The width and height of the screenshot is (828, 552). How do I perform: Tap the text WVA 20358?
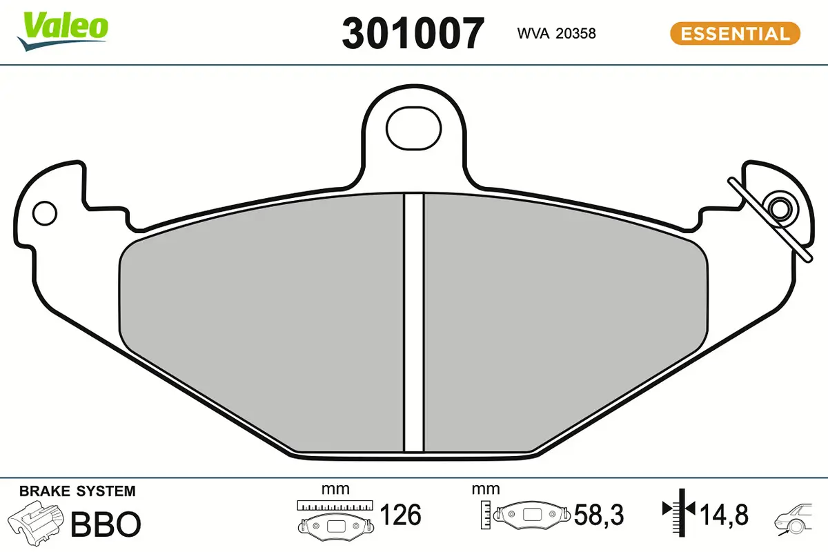coord(555,33)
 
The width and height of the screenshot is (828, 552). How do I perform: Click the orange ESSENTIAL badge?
coord(735,33)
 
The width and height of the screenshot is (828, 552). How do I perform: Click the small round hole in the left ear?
coord(45,213)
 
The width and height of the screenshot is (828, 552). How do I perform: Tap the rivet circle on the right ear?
coord(782,208)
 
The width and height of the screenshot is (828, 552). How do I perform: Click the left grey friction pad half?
coord(262,324)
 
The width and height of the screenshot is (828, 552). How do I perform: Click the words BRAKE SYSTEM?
coord(77,491)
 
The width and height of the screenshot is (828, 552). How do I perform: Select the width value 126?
coord(401,515)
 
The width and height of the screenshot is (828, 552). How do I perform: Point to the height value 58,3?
coord(599,515)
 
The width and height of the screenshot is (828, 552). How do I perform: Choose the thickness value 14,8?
coord(724,515)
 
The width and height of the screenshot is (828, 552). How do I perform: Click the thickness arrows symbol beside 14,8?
coord(680,512)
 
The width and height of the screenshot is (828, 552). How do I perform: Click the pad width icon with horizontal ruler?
coord(335,518)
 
